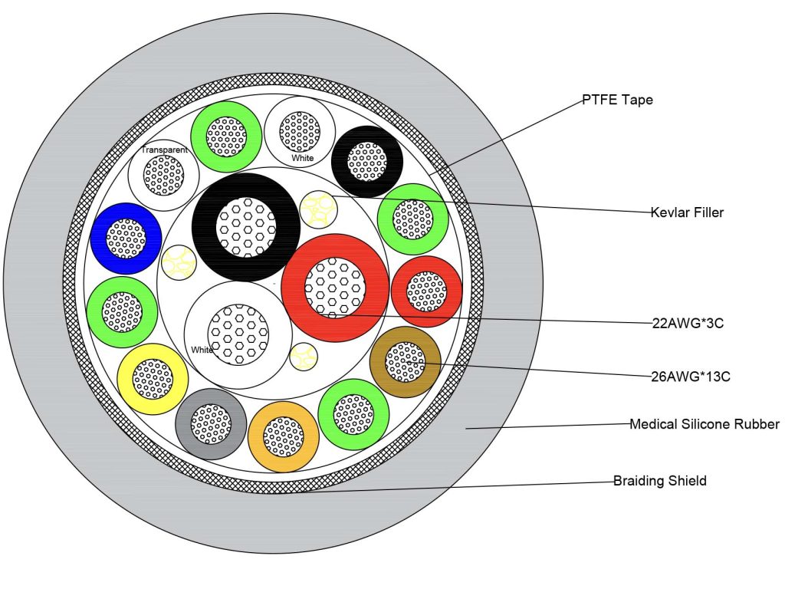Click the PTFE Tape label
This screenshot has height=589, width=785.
(616, 100)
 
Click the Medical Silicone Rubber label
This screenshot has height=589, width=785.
(704, 424)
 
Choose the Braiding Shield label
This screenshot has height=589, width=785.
(659, 481)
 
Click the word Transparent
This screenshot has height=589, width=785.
(164, 150)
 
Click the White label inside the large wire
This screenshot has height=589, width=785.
(202, 350)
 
